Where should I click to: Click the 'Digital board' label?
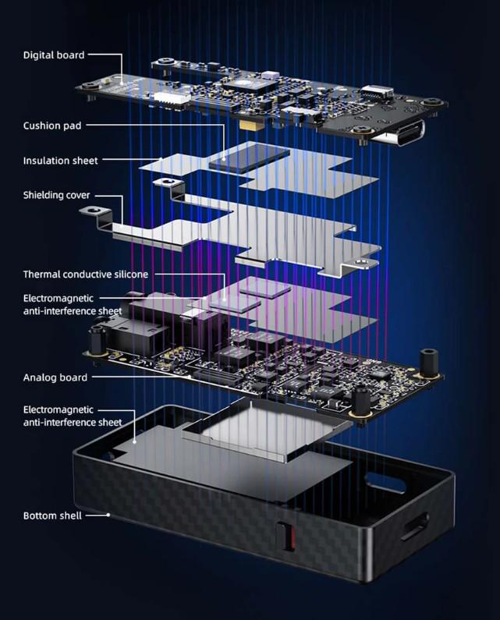coord(54,55)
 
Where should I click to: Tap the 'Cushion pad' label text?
coord(52,126)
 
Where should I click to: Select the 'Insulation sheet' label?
coord(60,161)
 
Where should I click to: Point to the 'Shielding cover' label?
coord(57,195)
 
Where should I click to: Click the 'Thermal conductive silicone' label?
coord(86,274)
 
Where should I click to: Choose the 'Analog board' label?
coord(55,377)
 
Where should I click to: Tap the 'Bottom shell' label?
coord(52,515)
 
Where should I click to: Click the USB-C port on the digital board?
coord(399,133)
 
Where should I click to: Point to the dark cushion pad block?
coord(249,157)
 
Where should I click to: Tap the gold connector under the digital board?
coord(252,126)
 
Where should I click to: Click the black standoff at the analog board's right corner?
coord(428,363)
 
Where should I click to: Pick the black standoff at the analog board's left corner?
coord(97,340)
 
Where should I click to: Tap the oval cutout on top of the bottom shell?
coord(385,482)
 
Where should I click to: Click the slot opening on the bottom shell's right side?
coord(414,526)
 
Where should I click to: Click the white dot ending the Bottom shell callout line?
coord(108,515)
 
